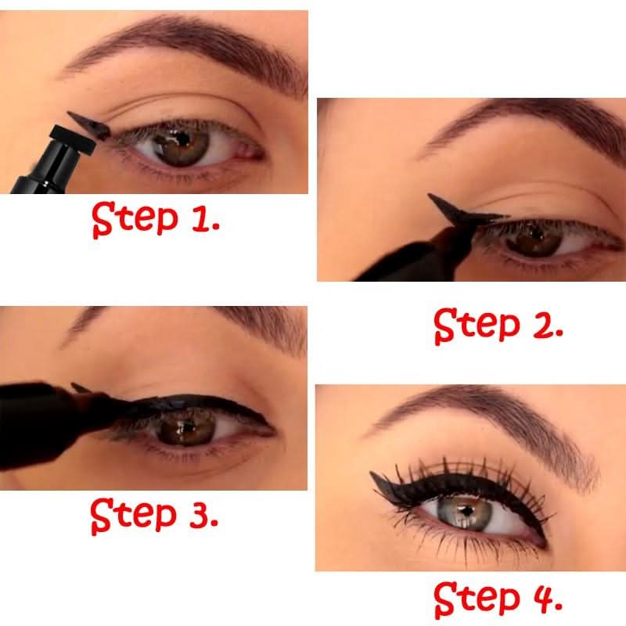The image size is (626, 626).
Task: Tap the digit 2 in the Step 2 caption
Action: pyautogui.click(x=543, y=324)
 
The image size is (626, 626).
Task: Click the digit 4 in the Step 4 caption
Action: pyautogui.click(x=544, y=600)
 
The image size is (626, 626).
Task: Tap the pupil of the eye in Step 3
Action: pyautogui.click(x=187, y=428)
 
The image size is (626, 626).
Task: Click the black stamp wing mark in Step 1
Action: pyautogui.click(x=88, y=124)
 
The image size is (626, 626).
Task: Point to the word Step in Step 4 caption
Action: pyautogui.click(x=473, y=600)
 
